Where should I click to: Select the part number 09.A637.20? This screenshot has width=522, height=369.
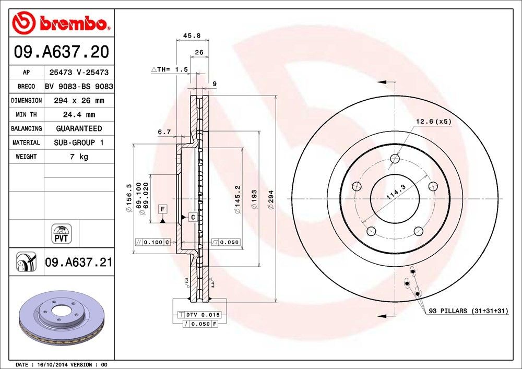(61, 52)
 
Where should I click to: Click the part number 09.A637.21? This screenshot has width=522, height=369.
(78, 262)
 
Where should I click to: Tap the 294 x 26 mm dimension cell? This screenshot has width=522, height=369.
(78, 100)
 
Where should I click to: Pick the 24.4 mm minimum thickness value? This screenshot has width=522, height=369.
(78, 114)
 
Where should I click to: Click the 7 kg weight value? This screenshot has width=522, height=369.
(78, 157)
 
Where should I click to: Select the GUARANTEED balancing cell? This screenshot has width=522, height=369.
(78, 128)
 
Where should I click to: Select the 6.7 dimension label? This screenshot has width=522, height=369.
(164, 132)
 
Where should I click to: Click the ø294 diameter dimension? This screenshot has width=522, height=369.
(271, 199)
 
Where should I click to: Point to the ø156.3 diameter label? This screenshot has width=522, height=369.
(128, 197)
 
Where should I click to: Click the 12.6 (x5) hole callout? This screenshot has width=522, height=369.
(433, 122)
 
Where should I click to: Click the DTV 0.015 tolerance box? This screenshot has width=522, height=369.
(200, 315)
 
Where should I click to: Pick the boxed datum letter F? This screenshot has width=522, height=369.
(163, 209)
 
